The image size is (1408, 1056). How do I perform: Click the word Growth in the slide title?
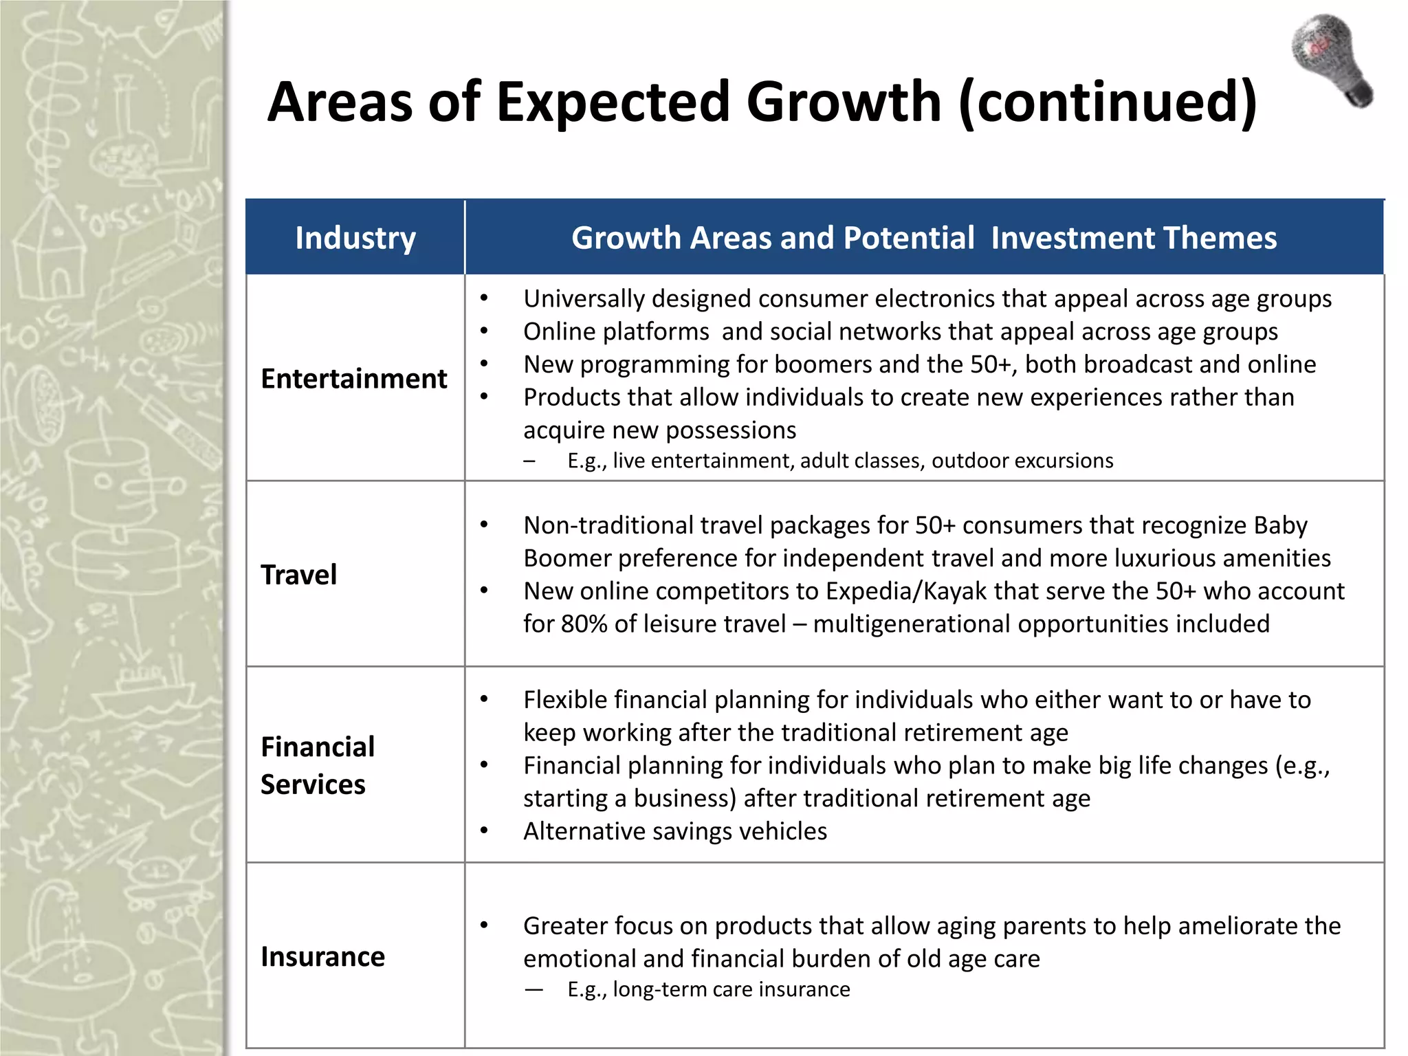tap(844, 102)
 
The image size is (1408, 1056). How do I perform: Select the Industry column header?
tap(355, 238)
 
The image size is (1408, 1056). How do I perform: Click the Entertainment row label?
tap(354, 379)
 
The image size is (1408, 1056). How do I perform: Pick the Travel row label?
tap(299, 575)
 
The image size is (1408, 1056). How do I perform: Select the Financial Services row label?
tap(318, 765)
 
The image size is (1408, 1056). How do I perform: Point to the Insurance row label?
tap(322, 957)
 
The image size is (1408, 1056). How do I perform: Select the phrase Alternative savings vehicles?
tap(675, 831)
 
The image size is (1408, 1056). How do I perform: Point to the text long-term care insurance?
tap(731, 989)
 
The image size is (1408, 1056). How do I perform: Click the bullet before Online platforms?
tap(484, 331)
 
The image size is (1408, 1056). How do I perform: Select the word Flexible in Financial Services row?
tap(565, 700)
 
